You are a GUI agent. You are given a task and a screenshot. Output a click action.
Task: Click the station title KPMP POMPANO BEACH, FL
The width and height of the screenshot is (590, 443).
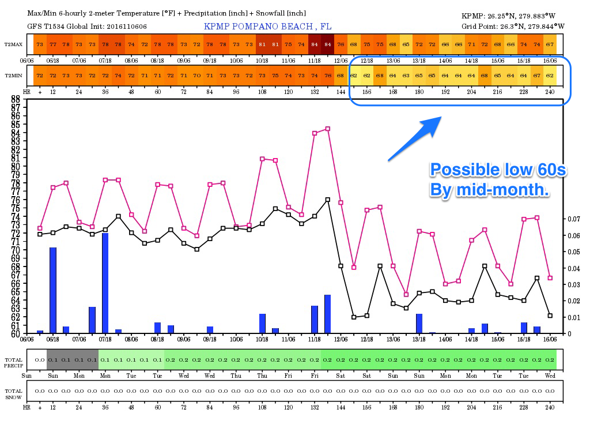pos(268,27)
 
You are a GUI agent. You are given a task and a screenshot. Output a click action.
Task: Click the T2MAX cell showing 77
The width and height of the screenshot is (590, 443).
pos(53,44)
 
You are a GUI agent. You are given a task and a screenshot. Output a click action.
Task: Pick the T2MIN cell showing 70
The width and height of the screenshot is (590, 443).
pos(197,76)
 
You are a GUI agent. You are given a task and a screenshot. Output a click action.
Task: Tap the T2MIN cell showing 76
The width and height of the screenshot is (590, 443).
pos(328,76)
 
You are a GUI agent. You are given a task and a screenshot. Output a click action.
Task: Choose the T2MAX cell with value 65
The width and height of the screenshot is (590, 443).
pos(406,44)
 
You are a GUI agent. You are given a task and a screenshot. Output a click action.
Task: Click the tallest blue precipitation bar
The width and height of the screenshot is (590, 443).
pos(105,283)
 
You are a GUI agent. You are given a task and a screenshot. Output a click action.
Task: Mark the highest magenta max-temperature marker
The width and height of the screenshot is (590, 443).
pos(328,129)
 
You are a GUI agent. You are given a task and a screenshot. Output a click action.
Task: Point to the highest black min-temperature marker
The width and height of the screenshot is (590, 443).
pos(328,200)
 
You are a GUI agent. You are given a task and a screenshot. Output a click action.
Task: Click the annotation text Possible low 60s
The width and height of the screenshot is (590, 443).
pos(499,170)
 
